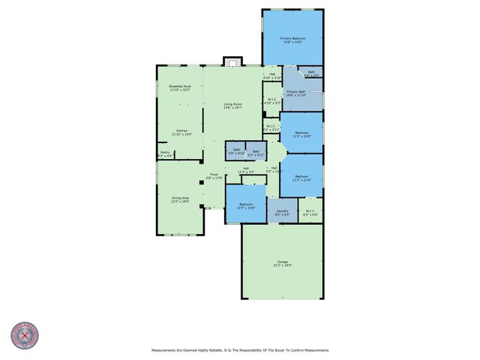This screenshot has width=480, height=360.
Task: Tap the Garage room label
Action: [x=282, y=263]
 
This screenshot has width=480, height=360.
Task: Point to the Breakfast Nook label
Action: [x=180, y=88]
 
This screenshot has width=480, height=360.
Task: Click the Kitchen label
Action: [x=182, y=132]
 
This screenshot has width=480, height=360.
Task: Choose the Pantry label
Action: [x=165, y=154]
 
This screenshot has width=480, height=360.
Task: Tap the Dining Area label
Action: [x=180, y=199]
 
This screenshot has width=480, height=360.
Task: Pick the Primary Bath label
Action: [x=296, y=93]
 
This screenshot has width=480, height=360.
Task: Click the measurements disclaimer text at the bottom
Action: [x=240, y=349]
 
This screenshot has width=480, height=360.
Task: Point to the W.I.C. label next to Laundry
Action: [x=310, y=212]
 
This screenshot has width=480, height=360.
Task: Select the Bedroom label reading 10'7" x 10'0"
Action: [x=247, y=205]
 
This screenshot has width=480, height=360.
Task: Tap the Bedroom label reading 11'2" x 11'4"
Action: [x=301, y=178]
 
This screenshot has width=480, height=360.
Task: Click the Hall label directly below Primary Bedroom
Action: [x=272, y=75]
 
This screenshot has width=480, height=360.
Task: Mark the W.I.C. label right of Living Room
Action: [x=272, y=101]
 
